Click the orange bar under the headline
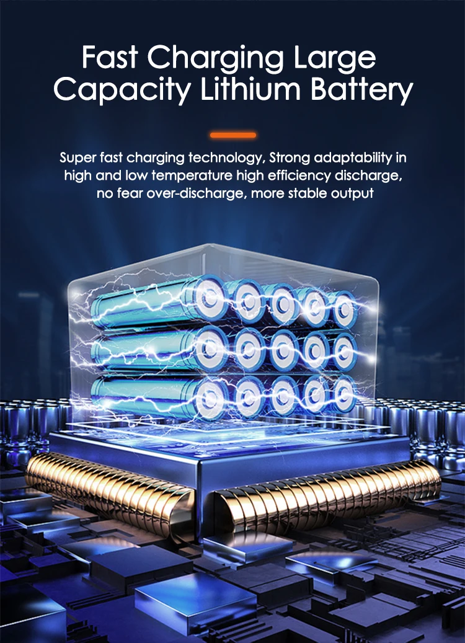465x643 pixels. point(232,135)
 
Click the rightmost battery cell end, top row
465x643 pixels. point(342,308)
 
